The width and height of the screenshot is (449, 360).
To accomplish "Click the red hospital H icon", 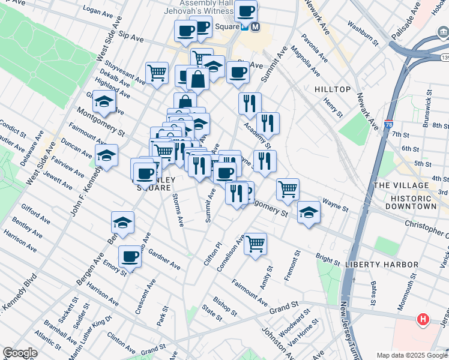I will pyautogui.click(x=423, y=319).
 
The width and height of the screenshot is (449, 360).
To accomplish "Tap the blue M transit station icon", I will pyautogui.click(x=255, y=27).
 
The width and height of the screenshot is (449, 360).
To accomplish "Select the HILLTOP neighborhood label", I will pyautogui.click(x=332, y=89).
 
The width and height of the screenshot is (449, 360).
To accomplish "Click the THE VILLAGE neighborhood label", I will pyautogui.click(x=402, y=186).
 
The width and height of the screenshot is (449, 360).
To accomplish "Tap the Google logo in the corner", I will pyautogui.click(x=20, y=353).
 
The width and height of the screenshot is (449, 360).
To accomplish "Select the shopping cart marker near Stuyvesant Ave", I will pyautogui.click(x=157, y=73).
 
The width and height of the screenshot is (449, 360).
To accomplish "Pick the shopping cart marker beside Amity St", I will pyautogui.click(x=256, y=243).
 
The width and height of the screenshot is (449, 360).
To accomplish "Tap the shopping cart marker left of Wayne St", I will pyautogui.click(x=288, y=189).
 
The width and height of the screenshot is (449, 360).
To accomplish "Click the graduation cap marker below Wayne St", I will pyautogui.click(x=309, y=212).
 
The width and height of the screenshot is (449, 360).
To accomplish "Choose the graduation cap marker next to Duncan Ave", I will pyautogui.click(x=106, y=155).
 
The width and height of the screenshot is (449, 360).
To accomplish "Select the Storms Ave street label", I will pyautogui.click(x=178, y=209).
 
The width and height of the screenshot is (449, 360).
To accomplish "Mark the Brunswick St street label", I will pyautogui.click(x=429, y=105).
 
